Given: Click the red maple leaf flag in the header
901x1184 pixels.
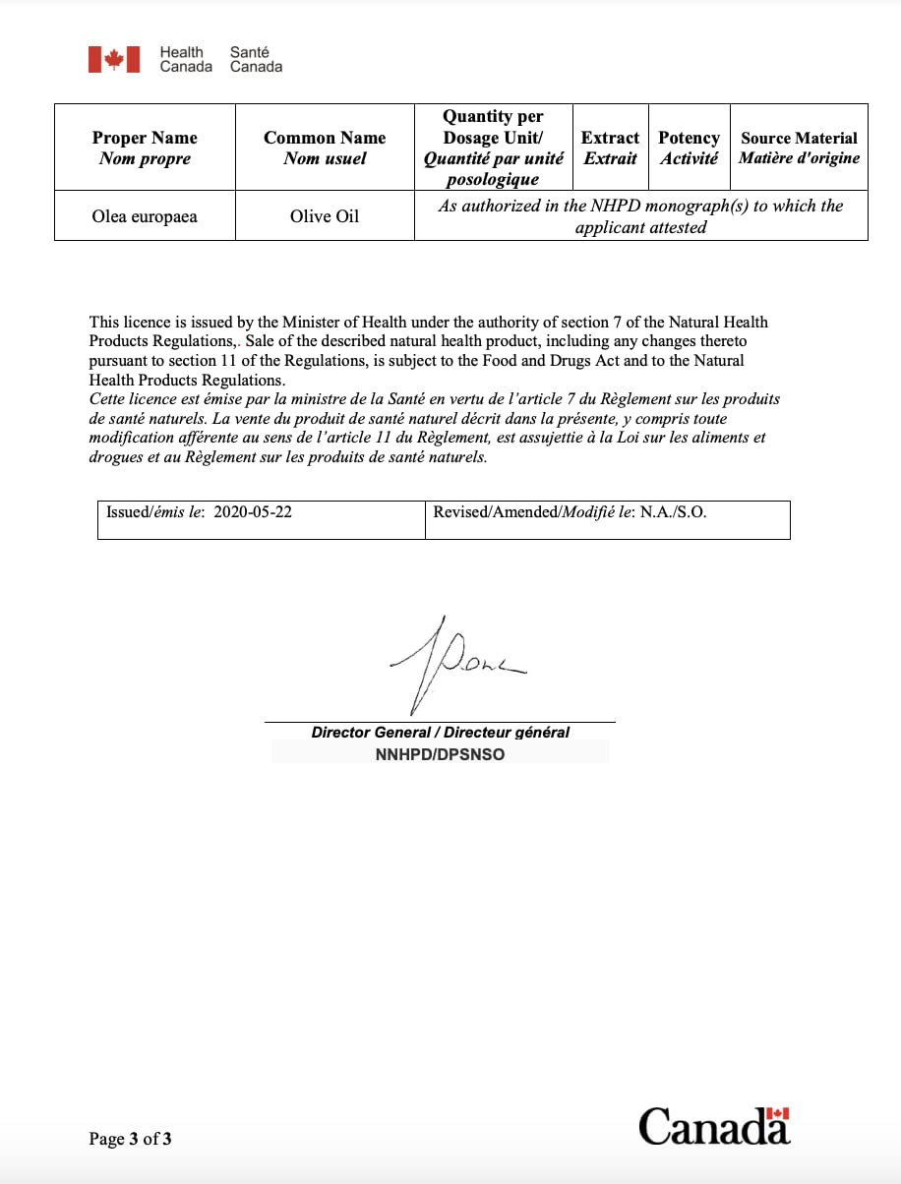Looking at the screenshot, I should pos(114,59).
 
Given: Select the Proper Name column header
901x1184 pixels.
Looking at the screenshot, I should pos(145,148).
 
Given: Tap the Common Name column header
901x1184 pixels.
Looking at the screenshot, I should pos(325,148).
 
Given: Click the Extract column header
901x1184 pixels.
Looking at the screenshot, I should pos(610,148).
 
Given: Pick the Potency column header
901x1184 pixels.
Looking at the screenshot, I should pos(689,148).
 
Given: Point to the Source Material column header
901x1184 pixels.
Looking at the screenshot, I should pos(799,148).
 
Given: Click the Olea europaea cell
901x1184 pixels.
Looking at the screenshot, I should pos(145,216).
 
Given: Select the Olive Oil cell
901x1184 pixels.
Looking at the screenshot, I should pos(325,216).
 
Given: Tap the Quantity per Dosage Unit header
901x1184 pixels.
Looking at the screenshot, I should pos(493,148).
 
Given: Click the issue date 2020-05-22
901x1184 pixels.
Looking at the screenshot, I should pos(253,512).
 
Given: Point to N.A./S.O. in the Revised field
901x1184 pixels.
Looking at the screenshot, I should pos(674,512).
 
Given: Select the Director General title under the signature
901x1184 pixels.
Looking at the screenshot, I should pos(441,733).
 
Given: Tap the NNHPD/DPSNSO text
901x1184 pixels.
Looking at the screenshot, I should pos(440,755).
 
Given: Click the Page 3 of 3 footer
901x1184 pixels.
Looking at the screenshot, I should pos(131,1139).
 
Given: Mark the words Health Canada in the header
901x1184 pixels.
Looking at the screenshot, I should pos(186,59).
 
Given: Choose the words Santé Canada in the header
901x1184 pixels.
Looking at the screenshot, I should pos(256,59).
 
